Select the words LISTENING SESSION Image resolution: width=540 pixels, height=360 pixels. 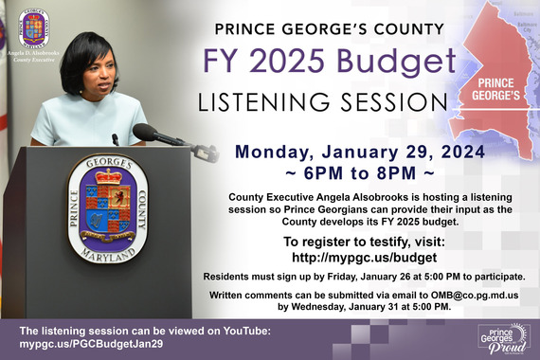point(323,101)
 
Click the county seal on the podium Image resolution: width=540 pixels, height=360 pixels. point(108,209)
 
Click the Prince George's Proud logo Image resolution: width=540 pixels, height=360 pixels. point(504,335)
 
